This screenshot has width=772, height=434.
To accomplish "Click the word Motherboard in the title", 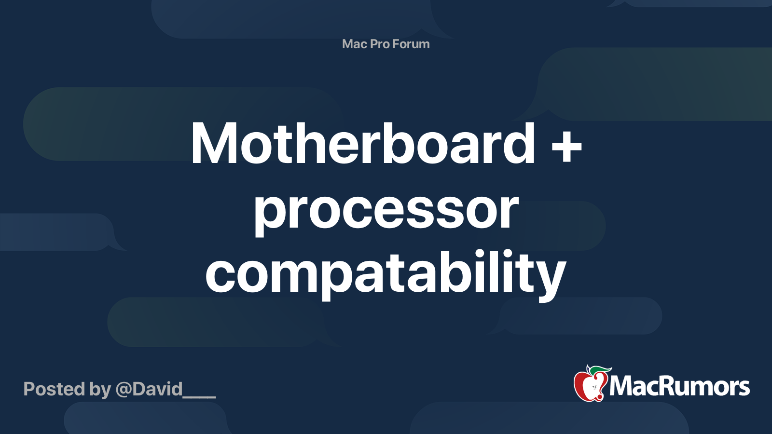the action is [363, 143].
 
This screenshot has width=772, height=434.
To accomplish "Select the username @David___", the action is [166, 390].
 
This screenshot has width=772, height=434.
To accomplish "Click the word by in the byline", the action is [100, 390].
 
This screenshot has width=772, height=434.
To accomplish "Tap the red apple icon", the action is [591, 384].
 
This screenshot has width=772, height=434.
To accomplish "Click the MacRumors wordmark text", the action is [679, 386].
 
